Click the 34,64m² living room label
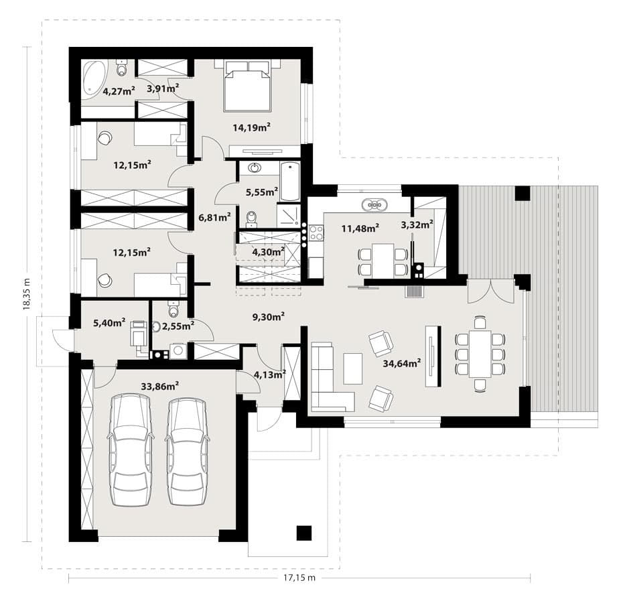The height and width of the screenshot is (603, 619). pyautogui.click(x=401, y=363)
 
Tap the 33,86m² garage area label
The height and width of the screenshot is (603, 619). pyautogui.click(x=160, y=386)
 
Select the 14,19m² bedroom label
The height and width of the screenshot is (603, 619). pyautogui.click(x=251, y=127)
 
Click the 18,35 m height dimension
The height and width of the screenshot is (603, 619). pyautogui.click(x=26, y=293)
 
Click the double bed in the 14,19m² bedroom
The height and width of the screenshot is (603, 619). pyautogui.click(x=247, y=86)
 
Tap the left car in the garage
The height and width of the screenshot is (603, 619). pyautogui.click(x=130, y=450)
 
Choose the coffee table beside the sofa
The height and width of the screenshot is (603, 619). pyautogui.click(x=352, y=368)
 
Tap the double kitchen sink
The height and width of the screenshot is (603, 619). pyautogui.click(x=374, y=204)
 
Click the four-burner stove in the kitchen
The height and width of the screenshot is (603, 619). pyautogui.click(x=316, y=232)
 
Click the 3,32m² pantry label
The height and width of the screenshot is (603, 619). pyautogui.click(x=417, y=224)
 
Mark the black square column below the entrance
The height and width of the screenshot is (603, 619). pyautogui.click(x=304, y=533)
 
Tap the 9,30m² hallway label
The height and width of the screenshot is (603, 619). pyautogui.click(x=269, y=316)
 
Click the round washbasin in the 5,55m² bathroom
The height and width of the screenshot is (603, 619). pyautogui.click(x=255, y=168)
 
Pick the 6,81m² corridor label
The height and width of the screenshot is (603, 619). pyautogui.click(x=215, y=217)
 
